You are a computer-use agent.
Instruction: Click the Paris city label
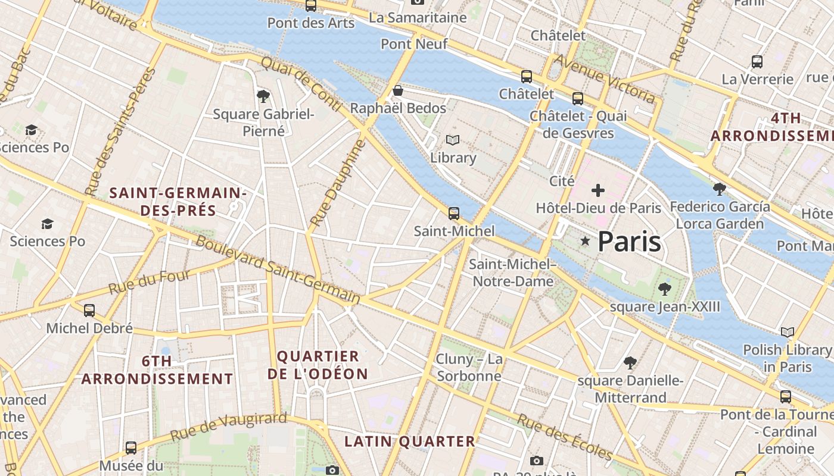(629, 242)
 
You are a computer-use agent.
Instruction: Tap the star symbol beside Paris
(586, 241)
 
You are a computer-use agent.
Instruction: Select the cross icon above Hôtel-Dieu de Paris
(598, 190)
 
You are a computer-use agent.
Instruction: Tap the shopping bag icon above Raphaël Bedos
(397, 91)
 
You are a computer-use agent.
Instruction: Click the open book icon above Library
(453, 140)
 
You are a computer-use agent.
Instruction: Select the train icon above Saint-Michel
(454, 213)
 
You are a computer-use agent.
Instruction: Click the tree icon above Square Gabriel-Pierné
(263, 96)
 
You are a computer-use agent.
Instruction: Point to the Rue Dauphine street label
(337, 183)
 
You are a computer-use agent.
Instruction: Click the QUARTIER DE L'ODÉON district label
(318, 365)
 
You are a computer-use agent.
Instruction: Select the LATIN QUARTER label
(410, 441)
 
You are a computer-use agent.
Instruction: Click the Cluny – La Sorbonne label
(469, 367)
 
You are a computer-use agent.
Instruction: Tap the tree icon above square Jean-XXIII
(665, 289)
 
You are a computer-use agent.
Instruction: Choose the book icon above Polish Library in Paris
(788, 332)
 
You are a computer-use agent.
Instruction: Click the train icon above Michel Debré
(89, 310)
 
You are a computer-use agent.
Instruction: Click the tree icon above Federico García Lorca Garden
(720, 189)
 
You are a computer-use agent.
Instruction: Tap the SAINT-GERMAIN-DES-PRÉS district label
(178, 202)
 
